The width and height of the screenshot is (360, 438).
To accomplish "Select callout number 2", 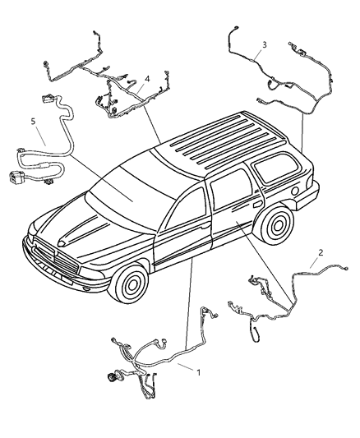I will point(320,253).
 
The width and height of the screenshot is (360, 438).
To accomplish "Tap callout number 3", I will point(264,44).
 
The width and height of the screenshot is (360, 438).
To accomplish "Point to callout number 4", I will point(146,80).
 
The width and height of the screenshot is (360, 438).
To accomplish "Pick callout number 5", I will point(33,122).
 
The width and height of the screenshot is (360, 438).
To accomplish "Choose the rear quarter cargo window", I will point(278,171).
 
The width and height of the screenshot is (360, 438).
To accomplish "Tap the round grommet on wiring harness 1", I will point(110,380).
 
